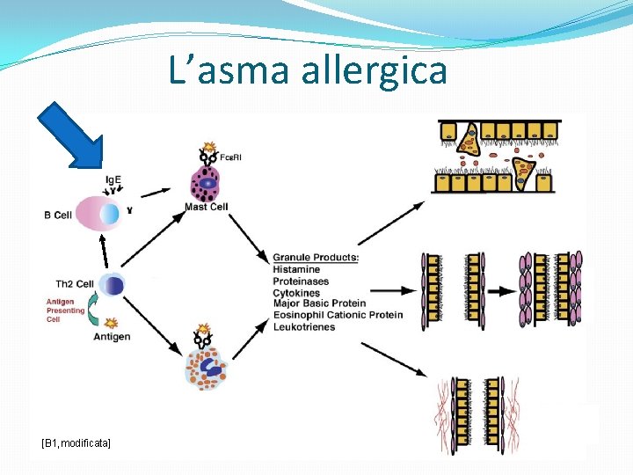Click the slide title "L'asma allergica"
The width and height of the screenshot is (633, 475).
coord(308,70)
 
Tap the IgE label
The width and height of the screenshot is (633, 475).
coord(113,180)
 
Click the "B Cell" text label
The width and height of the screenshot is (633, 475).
coord(57,215)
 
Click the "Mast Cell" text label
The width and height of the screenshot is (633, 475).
coord(207,208)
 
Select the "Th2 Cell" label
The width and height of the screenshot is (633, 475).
coord(75,284)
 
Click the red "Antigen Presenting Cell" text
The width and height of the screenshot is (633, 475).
coord(66,311)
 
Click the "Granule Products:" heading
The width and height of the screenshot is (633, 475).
coord(316,258)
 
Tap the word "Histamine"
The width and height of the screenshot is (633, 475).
coord(296,269)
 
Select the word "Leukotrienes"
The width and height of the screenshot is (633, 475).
coord(304,327)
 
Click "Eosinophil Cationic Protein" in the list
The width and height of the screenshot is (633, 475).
coord(338,315)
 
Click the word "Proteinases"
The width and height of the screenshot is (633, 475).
coord(301,281)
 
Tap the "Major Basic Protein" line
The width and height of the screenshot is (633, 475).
coord(319,303)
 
